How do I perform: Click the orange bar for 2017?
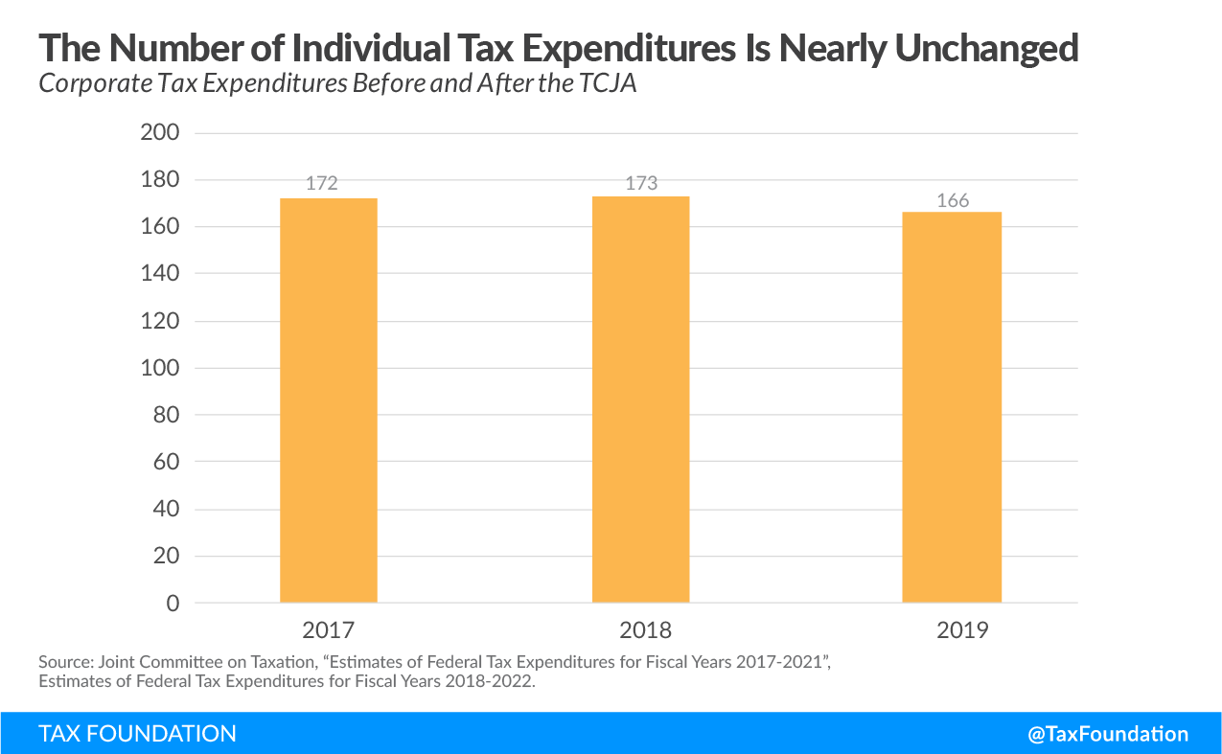click(x=328, y=400)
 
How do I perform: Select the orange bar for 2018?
click(x=640, y=400)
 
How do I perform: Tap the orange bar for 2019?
click(x=952, y=407)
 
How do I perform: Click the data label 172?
click(x=322, y=183)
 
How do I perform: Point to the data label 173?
click(x=641, y=182)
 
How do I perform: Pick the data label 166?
click(x=953, y=200)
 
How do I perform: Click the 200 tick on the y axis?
click(x=160, y=133)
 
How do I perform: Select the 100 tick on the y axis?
click(x=160, y=368)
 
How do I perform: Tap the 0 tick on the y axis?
click(x=173, y=604)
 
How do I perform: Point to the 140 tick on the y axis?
click(x=160, y=274)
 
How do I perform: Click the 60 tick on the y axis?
click(x=166, y=462)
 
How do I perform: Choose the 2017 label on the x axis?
click(x=328, y=630)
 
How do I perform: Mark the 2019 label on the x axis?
click(x=960, y=630)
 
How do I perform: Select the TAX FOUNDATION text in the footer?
click(x=137, y=734)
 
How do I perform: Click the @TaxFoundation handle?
click(x=1108, y=734)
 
